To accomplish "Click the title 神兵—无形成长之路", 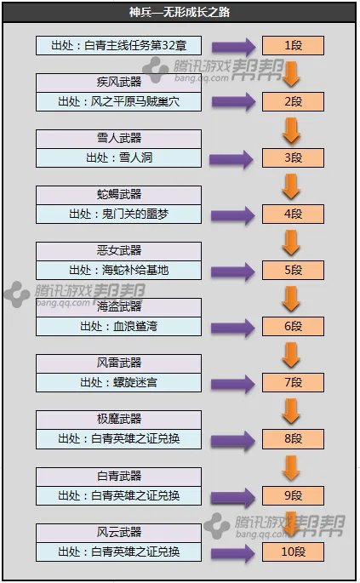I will tap(179, 13).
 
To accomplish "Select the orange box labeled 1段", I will tap(293, 45).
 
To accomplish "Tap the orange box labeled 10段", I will tap(293, 552).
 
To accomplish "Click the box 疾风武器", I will tap(119, 83).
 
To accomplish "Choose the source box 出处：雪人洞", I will tap(119, 157).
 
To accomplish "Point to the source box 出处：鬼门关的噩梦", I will tap(119, 214).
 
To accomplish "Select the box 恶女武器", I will tap(119, 251).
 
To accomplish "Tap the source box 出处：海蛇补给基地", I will tap(119, 270).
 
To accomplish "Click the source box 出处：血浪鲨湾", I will tap(119, 326).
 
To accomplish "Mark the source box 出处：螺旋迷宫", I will tap(119, 382).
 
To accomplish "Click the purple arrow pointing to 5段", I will tap(232, 271).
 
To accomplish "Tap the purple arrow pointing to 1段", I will tap(232, 46).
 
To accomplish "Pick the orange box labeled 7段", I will tap(293, 383).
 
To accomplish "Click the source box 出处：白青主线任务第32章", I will tap(119, 45).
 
